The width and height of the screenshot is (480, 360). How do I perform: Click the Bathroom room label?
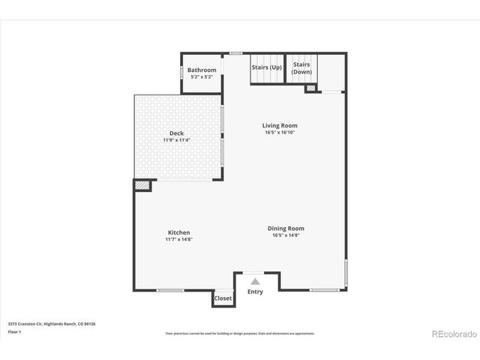coord(202,70)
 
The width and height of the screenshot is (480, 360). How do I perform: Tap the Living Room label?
coord(280,125)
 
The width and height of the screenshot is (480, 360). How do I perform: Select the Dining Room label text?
coord(286,228)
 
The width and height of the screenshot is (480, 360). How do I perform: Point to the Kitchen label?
coord(178,232)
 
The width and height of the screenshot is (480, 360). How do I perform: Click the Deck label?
coord(176,133)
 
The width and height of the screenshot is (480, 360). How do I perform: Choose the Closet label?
coord(223,298)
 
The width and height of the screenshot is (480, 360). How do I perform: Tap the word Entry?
coord(255,292)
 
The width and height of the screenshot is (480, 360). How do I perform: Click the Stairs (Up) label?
coord(266,67)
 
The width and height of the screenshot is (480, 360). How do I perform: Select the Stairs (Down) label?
coord(301,67)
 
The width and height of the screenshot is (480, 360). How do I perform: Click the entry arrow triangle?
coord(255,281)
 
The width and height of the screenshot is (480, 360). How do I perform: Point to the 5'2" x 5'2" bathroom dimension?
coord(202,77)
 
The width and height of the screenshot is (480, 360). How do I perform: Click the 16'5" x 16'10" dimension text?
coord(280,133)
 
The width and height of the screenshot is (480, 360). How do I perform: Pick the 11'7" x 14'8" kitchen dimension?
coord(178,239)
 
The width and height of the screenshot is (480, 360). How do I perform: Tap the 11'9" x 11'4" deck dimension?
coord(176,140)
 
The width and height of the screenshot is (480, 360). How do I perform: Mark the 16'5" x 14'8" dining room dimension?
coord(286,235)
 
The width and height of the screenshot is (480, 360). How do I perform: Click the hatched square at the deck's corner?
coord(142,184)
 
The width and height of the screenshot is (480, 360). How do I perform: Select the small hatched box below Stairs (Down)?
coord(310,88)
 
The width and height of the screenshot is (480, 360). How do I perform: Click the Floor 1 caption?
coord(15,331)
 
